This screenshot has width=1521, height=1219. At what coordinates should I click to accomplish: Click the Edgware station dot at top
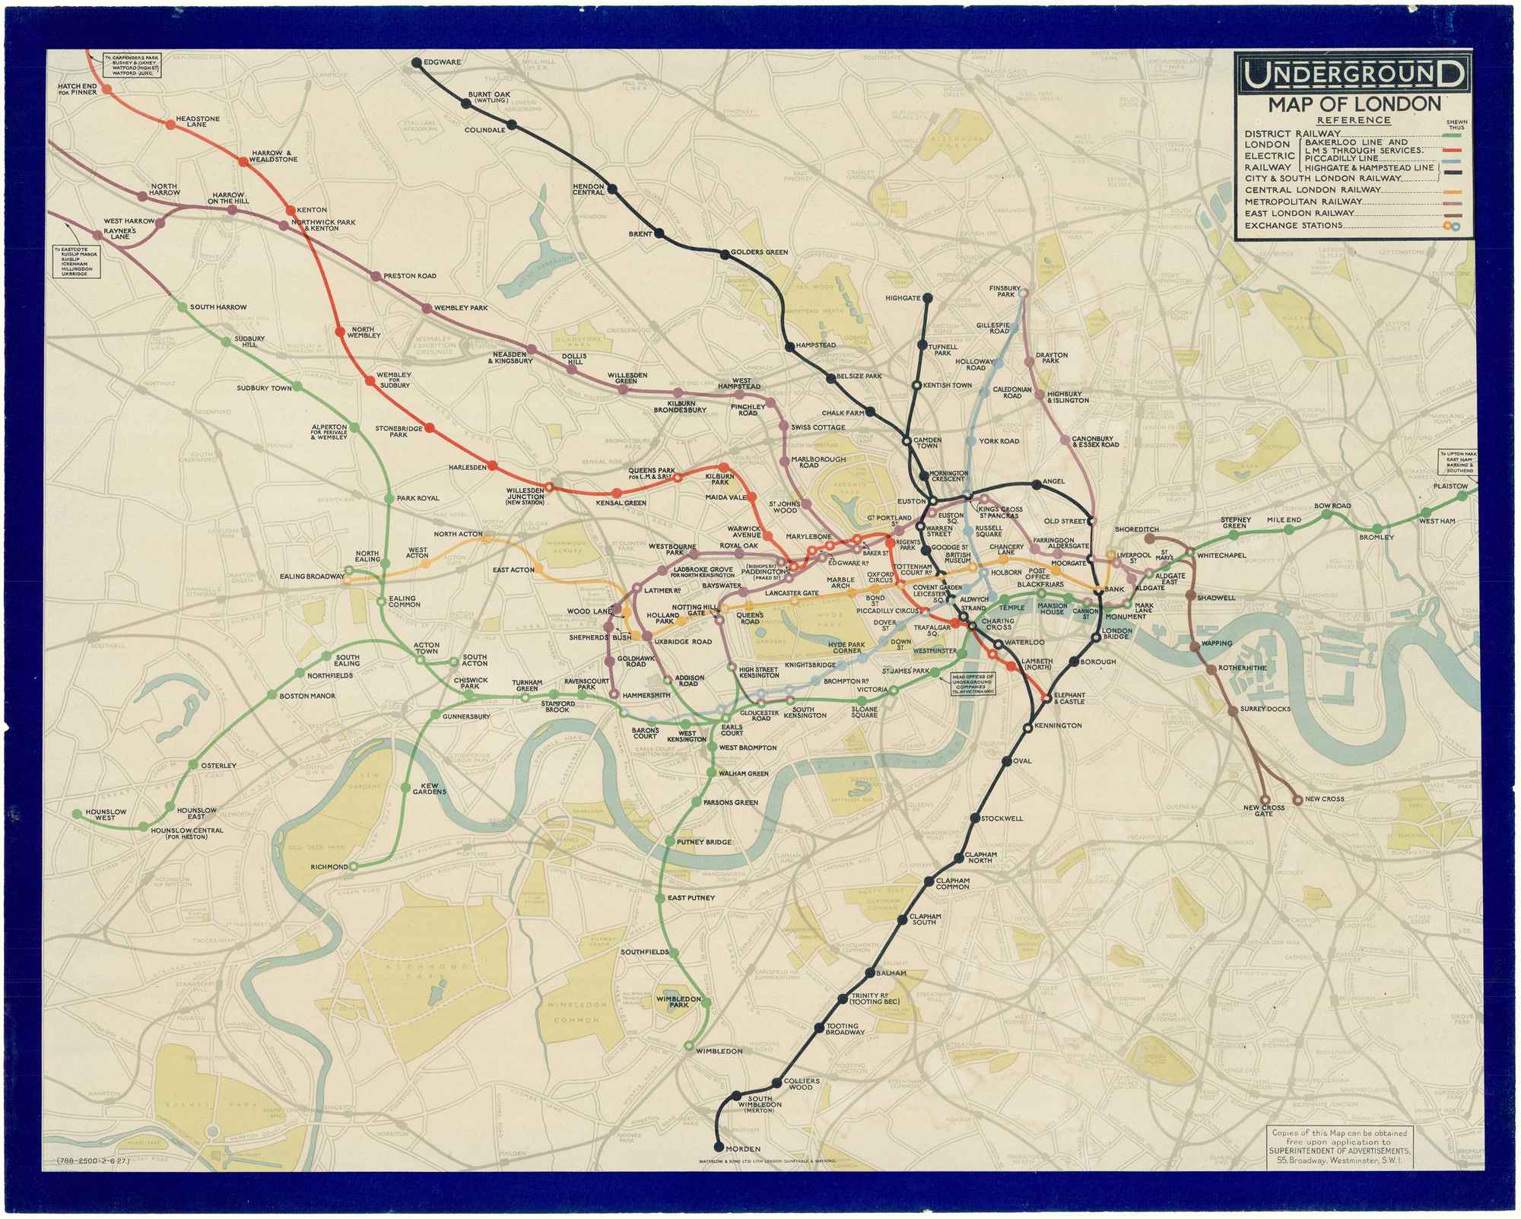point(417,62)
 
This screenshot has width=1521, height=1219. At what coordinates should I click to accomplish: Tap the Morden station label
point(744,1148)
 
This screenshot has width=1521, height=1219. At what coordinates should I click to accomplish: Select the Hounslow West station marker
point(76,814)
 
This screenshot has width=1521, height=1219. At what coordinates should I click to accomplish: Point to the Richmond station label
point(329,867)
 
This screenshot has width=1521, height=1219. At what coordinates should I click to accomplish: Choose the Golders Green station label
point(758,252)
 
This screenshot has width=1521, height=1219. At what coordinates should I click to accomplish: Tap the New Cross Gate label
point(1263,811)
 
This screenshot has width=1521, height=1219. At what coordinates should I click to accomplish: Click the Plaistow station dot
point(1462,496)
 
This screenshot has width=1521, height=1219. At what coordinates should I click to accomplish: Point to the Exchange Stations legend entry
point(1293,225)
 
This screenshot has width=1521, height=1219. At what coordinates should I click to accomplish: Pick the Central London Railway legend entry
point(1312,189)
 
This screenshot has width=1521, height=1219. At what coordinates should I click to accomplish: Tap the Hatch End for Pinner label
point(77,90)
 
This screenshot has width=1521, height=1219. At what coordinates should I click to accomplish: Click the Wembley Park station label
point(461,308)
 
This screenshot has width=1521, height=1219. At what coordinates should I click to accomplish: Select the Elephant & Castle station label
point(1069,698)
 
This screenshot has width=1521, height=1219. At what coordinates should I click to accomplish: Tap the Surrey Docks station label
point(1265,709)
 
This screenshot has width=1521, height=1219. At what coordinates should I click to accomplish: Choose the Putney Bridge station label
point(704,842)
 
